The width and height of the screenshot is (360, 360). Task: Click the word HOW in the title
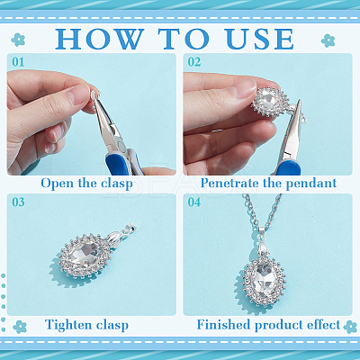99,39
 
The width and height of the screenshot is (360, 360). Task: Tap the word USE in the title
260,39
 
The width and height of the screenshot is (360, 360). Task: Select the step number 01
18,62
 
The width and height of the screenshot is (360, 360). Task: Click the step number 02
194,62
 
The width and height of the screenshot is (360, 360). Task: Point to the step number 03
18,202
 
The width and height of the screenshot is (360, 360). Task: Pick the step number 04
194,202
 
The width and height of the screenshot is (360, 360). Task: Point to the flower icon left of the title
18,40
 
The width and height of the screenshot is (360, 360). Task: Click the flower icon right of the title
328,40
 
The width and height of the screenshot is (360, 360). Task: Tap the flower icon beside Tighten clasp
20,327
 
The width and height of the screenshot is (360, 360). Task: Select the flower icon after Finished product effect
350,327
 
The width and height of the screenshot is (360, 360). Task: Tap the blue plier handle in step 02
287,168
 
